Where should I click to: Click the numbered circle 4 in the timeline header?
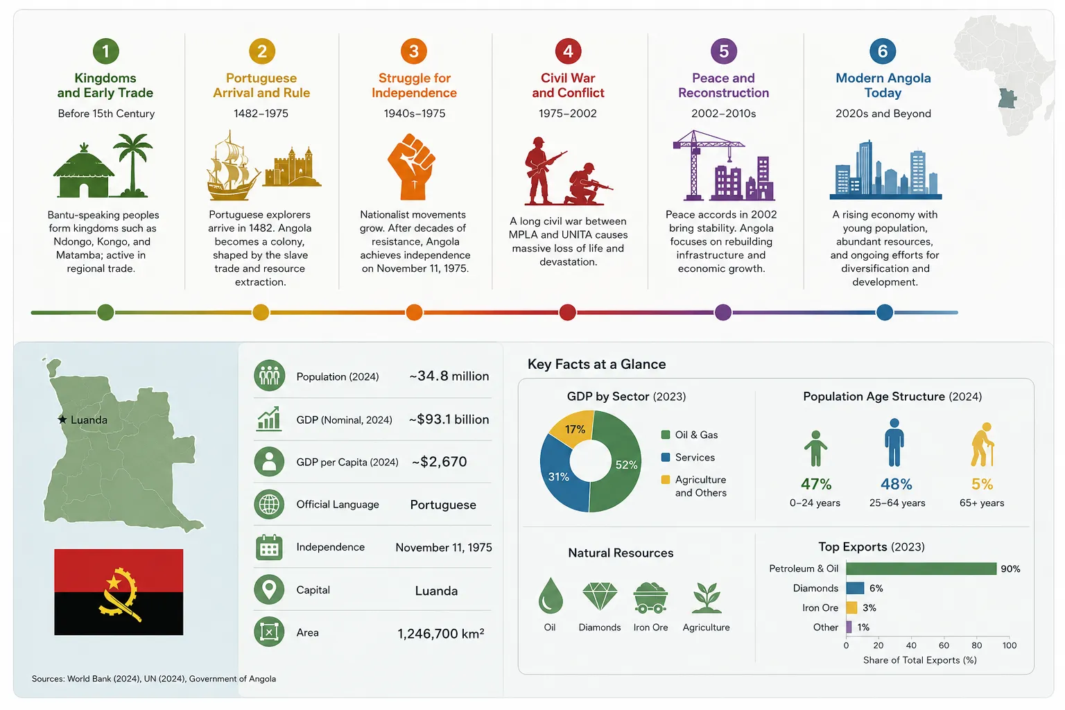568,51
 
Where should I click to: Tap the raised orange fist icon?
412,166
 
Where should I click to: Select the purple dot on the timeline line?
722,313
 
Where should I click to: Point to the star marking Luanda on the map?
62,419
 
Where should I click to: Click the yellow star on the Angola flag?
114,582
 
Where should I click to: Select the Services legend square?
666,457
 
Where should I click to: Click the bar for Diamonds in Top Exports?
855,588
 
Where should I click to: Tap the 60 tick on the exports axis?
944,645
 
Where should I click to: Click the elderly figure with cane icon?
982,444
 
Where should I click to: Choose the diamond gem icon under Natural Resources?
600,596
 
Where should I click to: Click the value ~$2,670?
439,461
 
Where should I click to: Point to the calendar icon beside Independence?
269,547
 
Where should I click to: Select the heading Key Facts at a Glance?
596,364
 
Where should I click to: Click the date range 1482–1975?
261,113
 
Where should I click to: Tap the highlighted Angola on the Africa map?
1007,98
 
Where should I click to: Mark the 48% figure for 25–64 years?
897,484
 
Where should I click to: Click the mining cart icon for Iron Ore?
650,597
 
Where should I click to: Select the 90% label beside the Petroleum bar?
1010,569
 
